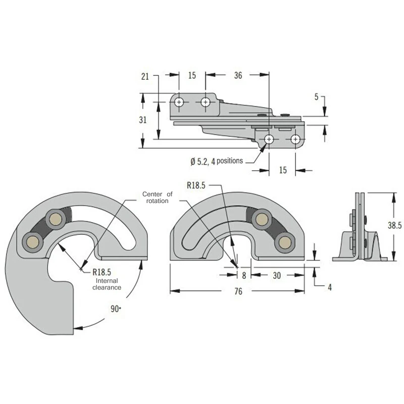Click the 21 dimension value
[x=145, y=76]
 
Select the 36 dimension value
[x=238, y=76]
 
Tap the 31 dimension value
[x=143, y=120]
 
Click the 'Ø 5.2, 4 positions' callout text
[x=217, y=161]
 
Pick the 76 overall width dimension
[x=238, y=291]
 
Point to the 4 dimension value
[x=330, y=287]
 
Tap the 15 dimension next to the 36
[x=192, y=76]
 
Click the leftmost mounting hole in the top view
[x=179, y=102]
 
